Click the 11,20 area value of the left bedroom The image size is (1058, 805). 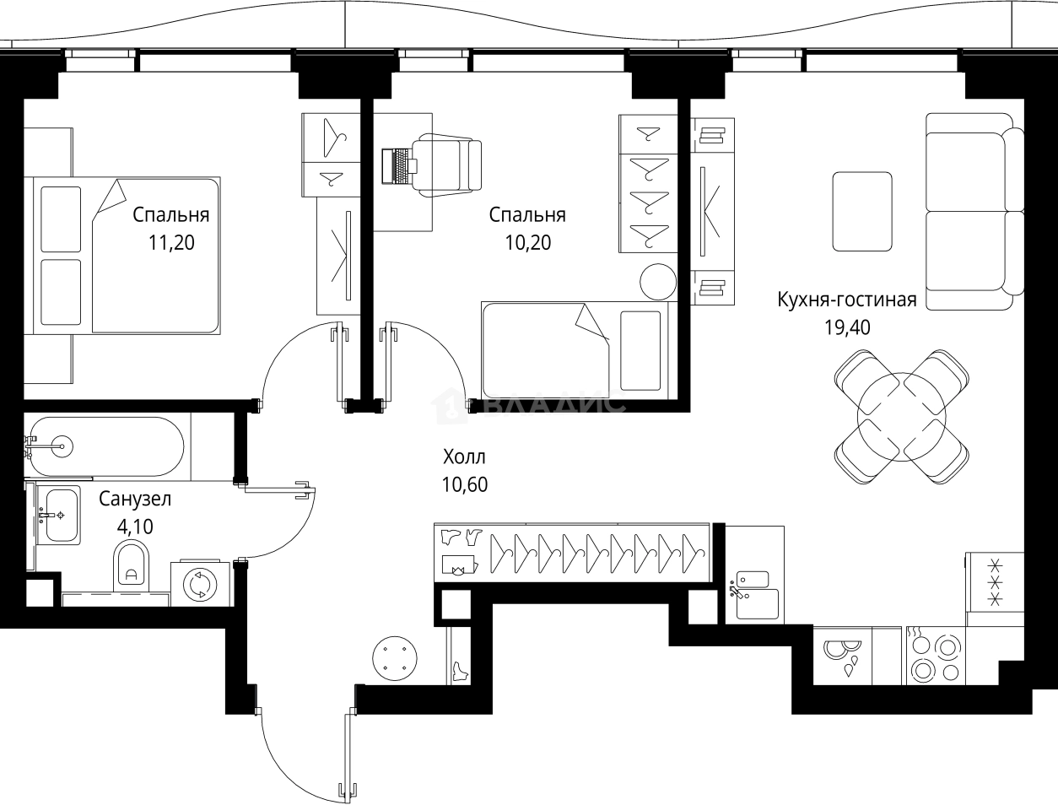click(171, 244)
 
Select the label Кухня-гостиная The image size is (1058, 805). click(847, 300)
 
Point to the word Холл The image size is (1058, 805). click(464, 458)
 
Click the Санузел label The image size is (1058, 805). click(135, 499)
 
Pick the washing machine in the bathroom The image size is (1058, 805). click(202, 584)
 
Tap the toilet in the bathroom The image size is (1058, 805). click(131, 564)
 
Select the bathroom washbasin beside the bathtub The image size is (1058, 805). click(59, 514)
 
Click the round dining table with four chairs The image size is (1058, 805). click(899, 416)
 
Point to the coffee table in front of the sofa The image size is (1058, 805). click(861, 211)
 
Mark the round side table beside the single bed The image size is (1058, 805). click(657, 281)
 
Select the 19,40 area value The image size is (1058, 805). click(847, 327)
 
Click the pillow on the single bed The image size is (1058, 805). click(640, 350)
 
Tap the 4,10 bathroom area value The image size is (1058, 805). click(135, 527)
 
